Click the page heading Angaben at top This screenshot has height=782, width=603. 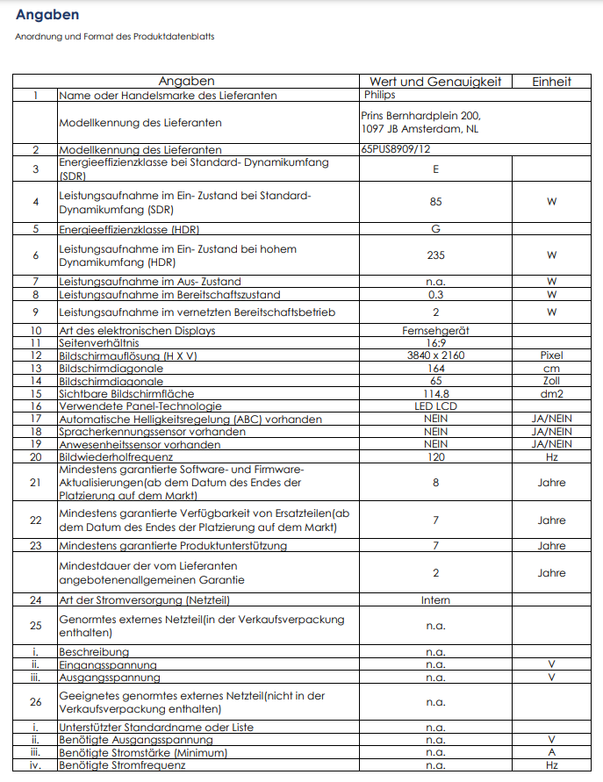47,15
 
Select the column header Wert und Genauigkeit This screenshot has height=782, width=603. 435,82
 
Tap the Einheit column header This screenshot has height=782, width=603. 551,82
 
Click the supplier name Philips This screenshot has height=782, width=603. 379,94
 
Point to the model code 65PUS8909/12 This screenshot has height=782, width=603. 396,150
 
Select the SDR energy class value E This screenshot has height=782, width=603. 435,169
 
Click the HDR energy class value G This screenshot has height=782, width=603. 435,230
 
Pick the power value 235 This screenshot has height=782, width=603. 435,255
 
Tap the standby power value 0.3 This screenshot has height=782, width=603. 435,295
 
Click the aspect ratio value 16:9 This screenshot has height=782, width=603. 435,343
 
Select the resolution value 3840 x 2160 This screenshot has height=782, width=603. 435,356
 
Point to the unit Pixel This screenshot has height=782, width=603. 551,356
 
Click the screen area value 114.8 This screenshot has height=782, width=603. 435,394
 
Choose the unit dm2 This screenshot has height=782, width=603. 551,394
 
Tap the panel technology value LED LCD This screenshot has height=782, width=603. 435,407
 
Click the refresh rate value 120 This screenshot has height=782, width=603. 435,457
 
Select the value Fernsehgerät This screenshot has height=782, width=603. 435,331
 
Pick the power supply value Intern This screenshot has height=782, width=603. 435,600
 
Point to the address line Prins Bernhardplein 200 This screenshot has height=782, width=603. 420,116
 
